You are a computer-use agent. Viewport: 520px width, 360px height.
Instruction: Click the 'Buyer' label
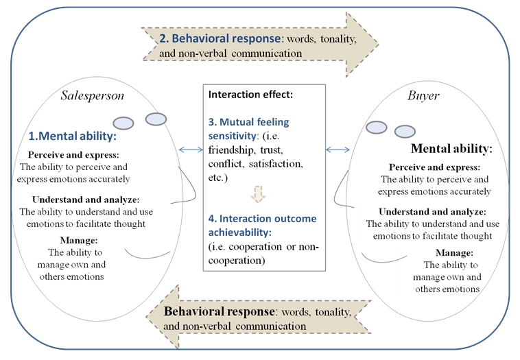(423, 96)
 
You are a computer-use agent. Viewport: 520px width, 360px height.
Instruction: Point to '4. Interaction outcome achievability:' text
(263, 224)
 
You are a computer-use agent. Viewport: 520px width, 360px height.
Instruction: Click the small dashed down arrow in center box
(258, 195)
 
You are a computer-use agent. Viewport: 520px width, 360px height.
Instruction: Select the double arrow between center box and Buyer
(338, 149)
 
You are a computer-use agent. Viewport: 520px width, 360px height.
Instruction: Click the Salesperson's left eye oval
(123, 123)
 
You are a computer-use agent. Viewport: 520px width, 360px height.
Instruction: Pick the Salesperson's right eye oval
(156, 119)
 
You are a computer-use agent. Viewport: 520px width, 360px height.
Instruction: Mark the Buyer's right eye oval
(405, 132)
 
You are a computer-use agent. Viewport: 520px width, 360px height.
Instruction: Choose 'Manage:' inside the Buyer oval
(453, 252)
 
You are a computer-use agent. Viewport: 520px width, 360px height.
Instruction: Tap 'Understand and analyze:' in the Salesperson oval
(78, 199)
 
